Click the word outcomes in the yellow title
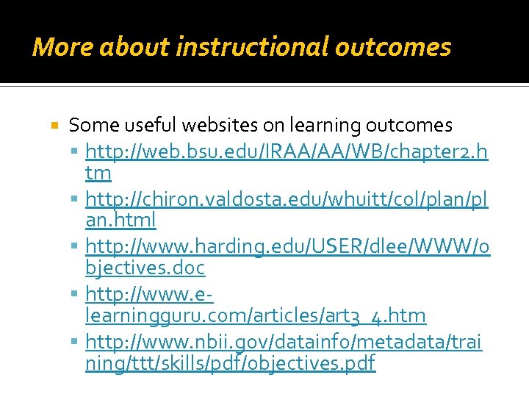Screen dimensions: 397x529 [393, 47]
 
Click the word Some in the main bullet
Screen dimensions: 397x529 [89, 125]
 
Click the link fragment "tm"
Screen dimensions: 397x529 [98, 173]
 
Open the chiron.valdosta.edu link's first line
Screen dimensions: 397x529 [287, 198]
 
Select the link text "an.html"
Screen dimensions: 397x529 [120, 220]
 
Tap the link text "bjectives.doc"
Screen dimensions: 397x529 [145, 268]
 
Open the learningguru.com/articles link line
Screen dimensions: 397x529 [255, 315]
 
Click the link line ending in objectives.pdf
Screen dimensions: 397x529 [230, 362]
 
